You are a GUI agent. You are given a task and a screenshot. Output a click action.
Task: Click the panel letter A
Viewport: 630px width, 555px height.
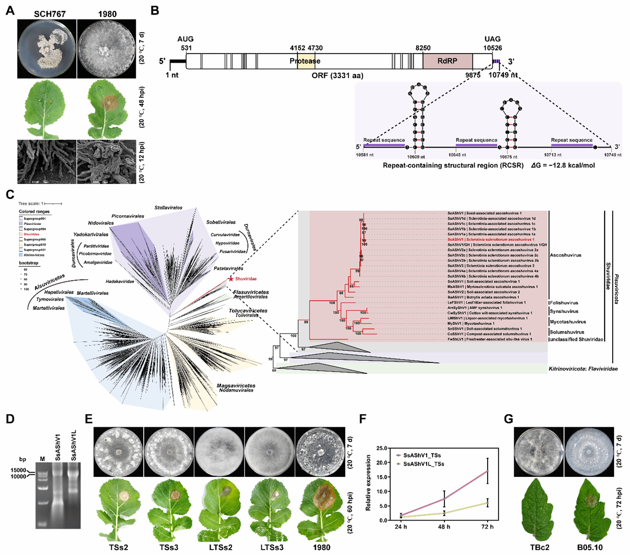click(x=10, y=11)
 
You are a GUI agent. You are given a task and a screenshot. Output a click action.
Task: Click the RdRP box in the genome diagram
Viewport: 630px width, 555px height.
click(x=447, y=61)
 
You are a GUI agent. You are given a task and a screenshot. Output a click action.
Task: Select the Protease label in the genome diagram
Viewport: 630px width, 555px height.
click(x=305, y=61)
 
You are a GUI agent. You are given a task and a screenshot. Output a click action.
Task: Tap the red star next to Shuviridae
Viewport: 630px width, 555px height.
click(x=231, y=278)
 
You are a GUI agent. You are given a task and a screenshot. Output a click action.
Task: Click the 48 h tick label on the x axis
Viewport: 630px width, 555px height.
click(x=444, y=527)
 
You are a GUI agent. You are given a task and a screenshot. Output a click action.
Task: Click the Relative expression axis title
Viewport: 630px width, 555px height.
click(x=369, y=484)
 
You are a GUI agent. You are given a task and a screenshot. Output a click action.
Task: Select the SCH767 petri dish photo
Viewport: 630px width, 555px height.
click(x=47, y=49)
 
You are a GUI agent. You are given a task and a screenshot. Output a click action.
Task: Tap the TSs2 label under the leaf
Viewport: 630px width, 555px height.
click(x=117, y=547)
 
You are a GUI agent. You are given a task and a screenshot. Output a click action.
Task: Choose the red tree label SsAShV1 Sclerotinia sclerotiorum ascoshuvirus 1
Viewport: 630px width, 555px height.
click(x=490, y=239)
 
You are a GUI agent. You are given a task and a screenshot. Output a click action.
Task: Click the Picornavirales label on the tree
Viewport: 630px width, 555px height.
click(x=128, y=216)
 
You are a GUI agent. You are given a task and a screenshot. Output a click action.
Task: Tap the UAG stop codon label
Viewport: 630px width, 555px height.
click(x=492, y=39)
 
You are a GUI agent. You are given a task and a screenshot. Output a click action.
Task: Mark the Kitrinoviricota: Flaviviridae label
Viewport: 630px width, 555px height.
click(x=583, y=369)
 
